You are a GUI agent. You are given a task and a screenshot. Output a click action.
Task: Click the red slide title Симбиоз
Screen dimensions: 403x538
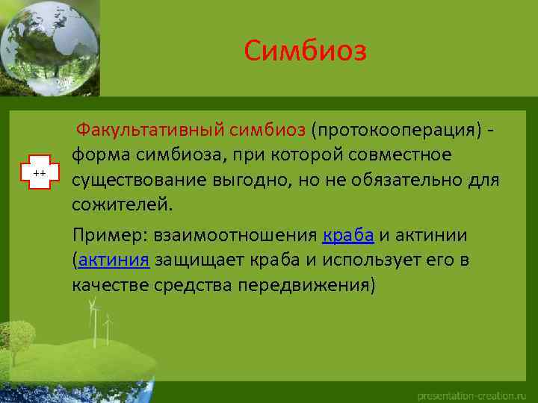click(x=306, y=51)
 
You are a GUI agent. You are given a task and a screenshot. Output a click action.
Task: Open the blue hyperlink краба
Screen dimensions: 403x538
click(x=348, y=236)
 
